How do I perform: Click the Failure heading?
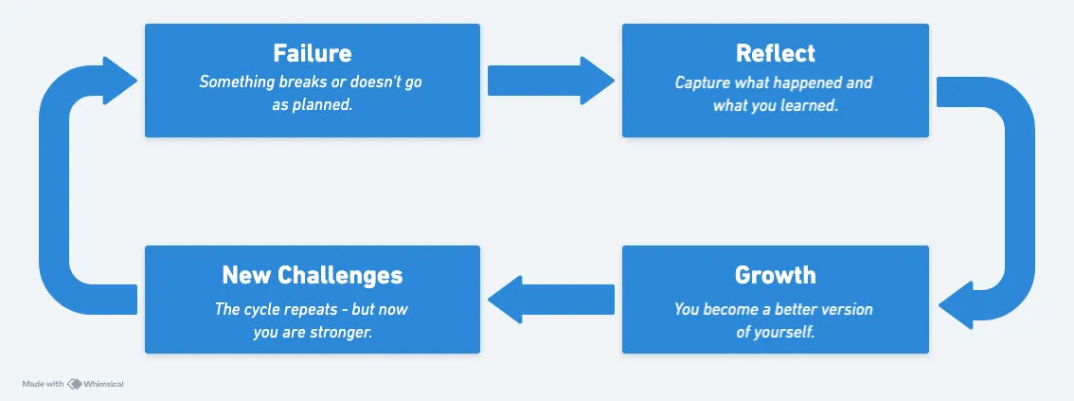click(312, 53)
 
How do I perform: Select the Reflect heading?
click(775, 53)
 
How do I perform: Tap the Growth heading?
click(775, 275)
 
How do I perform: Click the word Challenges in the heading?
click(342, 275)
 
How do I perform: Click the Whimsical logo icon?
click(74, 384)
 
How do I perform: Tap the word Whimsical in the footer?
click(103, 384)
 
